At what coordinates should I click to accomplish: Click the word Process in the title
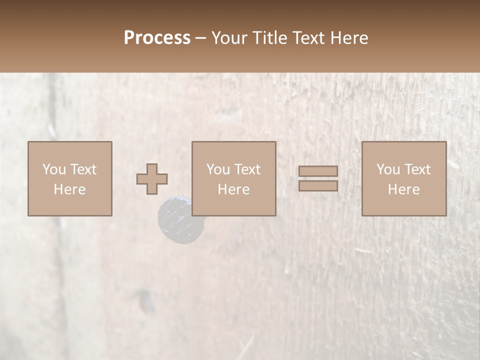157,38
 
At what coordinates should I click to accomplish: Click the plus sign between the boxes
152,178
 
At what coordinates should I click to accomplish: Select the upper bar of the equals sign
318,171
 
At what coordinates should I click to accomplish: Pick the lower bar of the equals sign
318,185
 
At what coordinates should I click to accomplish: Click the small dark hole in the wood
146,300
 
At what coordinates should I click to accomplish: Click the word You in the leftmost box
53,169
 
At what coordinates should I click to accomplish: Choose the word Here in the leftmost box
69,189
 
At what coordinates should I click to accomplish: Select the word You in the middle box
217,169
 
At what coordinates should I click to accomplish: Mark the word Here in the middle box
233,189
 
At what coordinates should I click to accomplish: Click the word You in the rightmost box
387,169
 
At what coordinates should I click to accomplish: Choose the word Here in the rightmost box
403,189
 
